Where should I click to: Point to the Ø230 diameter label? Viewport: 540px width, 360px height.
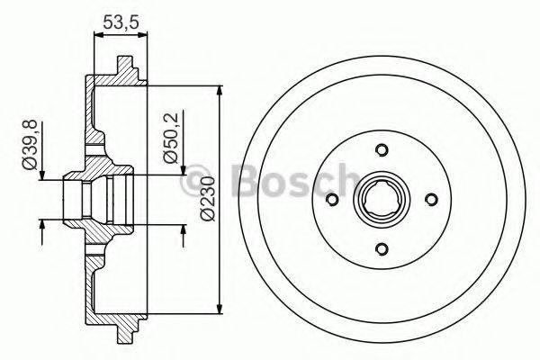tap(207, 202)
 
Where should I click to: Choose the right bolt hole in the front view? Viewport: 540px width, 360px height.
tap(430, 200)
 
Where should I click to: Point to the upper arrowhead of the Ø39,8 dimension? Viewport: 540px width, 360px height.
tap(41, 174)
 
